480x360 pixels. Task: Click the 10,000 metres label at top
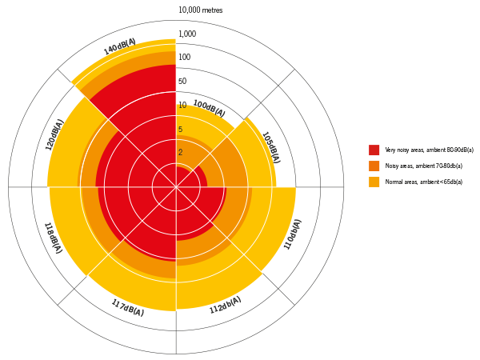coord(200,10)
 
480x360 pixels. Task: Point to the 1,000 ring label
coord(187,34)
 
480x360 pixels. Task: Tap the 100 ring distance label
coord(184,58)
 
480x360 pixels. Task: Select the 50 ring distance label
coord(182,82)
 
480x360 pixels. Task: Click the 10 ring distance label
coord(182,106)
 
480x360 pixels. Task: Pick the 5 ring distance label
coord(180,130)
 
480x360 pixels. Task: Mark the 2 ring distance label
coord(180,152)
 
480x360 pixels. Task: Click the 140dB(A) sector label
coord(120,47)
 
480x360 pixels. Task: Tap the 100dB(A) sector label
coord(209,109)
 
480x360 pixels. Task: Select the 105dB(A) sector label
coord(270,147)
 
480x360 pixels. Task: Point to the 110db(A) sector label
coord(293,234)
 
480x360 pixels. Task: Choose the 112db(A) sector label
coord(225,305)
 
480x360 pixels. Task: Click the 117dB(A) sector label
coord(127,307)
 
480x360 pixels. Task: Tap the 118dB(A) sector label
coord(53,238)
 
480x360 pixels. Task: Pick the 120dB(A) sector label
coord(54,135)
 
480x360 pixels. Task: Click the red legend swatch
coord(374,150)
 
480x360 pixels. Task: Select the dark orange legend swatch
coord(374,166)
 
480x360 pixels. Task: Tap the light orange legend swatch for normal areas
coord(374,182)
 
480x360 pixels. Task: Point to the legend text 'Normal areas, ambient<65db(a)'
coord(423,182)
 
